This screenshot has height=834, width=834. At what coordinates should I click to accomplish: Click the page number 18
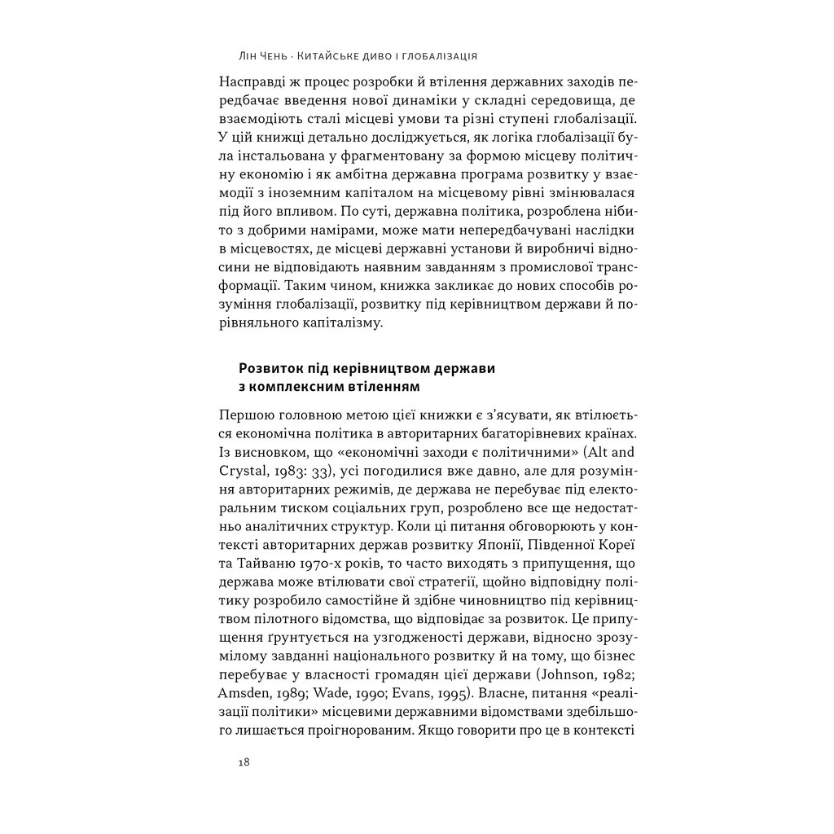(x=244, y=762)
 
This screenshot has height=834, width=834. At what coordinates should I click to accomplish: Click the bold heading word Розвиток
(x=269, y=369)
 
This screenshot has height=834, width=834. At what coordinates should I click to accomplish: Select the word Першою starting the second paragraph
(x=247, y=413)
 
